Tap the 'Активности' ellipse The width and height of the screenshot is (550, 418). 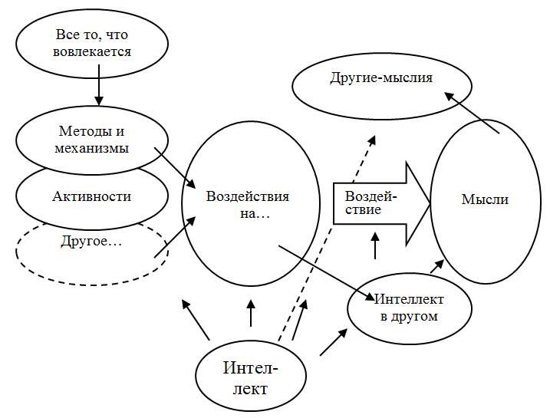coord(92,196)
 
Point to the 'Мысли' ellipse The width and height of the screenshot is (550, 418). coord(485,199)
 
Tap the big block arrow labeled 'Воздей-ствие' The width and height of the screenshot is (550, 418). coord(376,201)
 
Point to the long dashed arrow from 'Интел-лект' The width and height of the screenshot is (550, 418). coord(326,238)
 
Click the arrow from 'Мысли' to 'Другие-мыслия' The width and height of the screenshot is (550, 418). coord(473,112)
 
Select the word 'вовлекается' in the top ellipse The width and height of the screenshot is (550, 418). coord(94,52)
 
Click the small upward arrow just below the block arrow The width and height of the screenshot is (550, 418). coord(375,245)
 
